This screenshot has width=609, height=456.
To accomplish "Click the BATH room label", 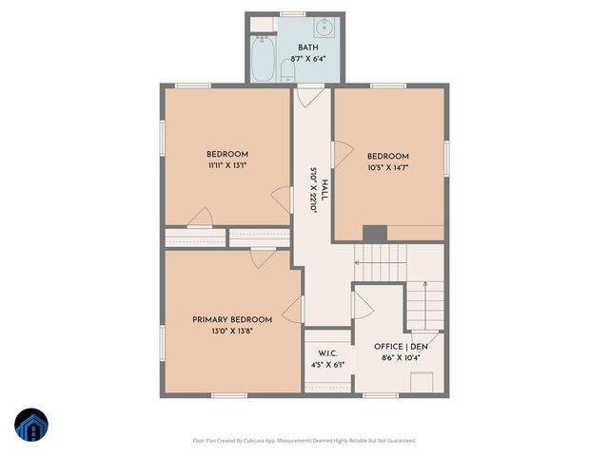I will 308,47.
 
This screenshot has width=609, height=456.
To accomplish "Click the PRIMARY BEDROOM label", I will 232,319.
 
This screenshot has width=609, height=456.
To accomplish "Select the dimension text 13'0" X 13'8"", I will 232,332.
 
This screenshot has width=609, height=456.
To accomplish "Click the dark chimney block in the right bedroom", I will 375,233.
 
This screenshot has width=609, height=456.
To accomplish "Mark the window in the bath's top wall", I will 293,13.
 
